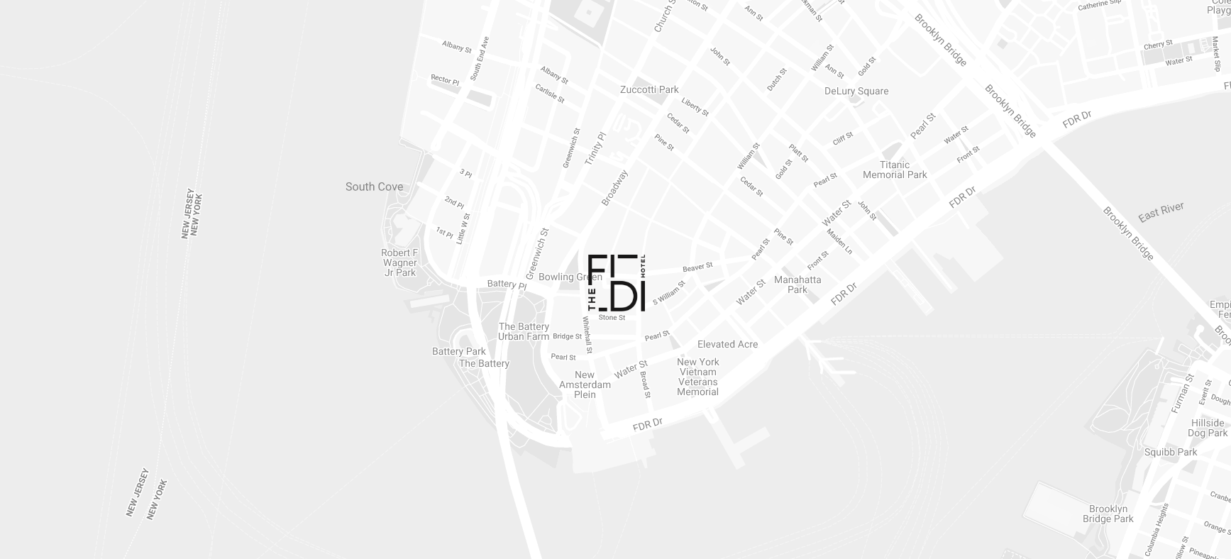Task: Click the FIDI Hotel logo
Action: [x=617, y=282]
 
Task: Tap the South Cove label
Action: [x=374, y=187]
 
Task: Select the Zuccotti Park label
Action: [x=649, y=89]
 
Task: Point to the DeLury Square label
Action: [x=856, y=91]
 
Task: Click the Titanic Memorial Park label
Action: [x=895, y=170]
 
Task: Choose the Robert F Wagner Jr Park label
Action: [x=399, y=262]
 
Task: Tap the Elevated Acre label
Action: [x=727, y=344]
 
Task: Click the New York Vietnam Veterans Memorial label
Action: [x=697, y=377]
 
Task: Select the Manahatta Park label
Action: [x=797, y=284]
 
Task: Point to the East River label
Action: [x=1161, y=211]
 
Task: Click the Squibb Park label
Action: [x=1170, y=452]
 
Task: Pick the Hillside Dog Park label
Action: [x=1208, y=428]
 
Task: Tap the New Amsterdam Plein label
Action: [x=585, y=384]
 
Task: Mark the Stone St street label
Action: [x=612, y=318]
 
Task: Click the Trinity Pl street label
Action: [x=595, y=148]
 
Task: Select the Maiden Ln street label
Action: [x=839, y=241]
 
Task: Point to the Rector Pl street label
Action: [x=445, y=80]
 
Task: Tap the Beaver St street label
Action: [x=697, y=267]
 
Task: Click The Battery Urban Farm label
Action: [x=524, y=331]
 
